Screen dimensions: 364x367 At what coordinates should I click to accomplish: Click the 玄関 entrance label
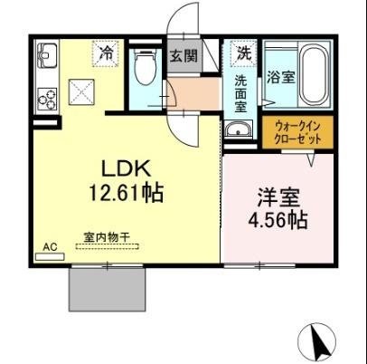[x=184, y=56]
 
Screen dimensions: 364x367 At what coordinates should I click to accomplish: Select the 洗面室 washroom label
[x=241, y=92]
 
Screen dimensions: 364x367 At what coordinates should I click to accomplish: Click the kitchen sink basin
[x=47, y=59]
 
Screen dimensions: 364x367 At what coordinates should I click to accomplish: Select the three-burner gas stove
[x=47, y=93]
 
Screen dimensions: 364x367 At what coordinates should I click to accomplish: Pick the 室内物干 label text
[x=108, y=237]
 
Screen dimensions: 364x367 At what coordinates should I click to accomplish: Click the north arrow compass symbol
[x=316, y=341]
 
